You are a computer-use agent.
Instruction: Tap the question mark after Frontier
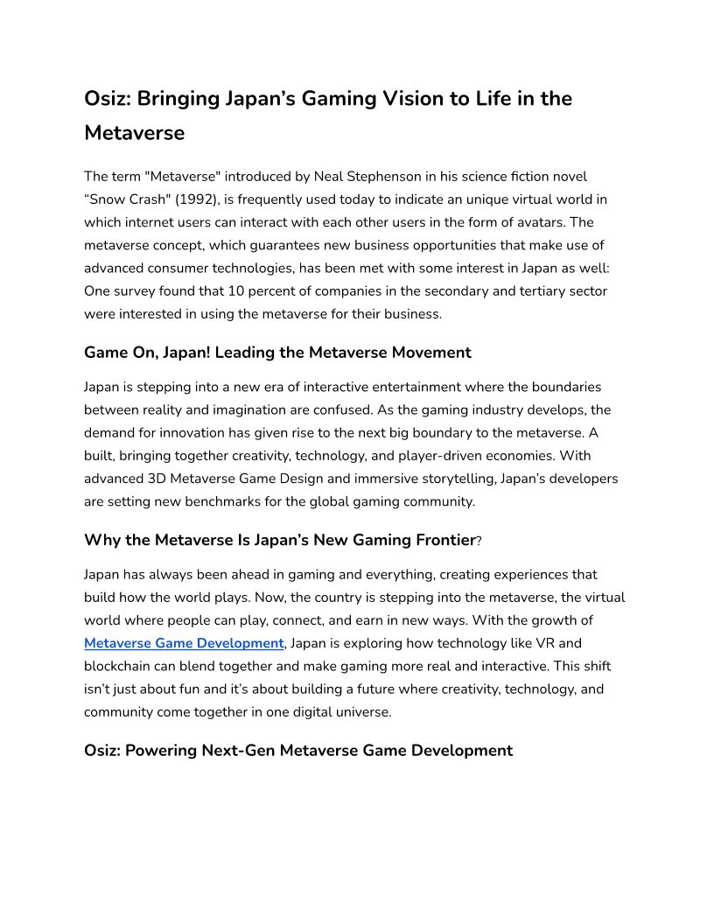click(x=479, y=541)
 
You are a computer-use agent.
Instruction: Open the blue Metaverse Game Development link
click(x=184, y=643)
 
